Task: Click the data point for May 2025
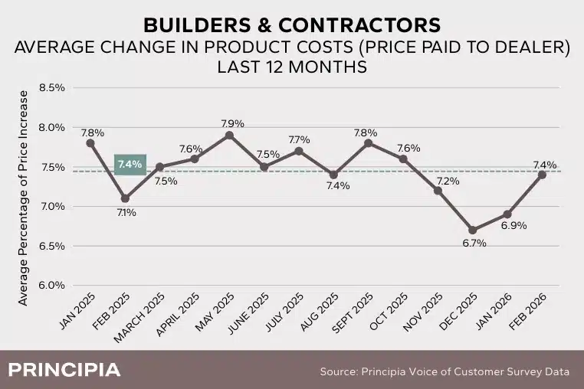pos(229,135)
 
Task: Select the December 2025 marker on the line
pos(472,230)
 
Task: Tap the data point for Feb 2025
pos(125,198)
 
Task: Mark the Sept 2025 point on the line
pos(368,142)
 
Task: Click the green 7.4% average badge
pos(130,164)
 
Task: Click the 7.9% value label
pos(229,123)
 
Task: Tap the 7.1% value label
pos(126,212)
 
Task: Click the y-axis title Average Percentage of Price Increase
pos(23,198)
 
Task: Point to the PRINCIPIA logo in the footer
pos(64,370)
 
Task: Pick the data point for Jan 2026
pos(507,214)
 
